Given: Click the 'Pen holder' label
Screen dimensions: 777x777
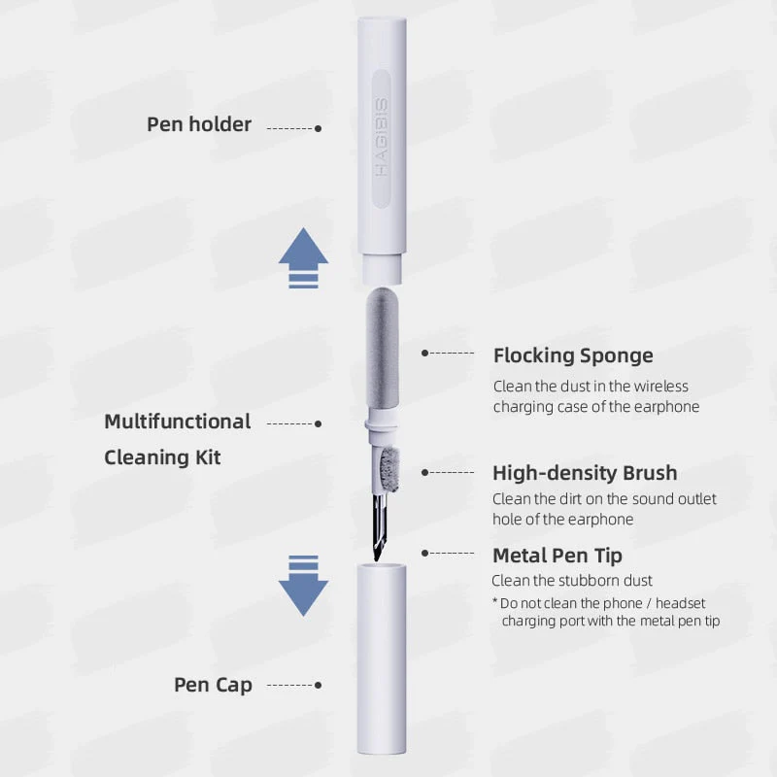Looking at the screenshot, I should tap(199, 124).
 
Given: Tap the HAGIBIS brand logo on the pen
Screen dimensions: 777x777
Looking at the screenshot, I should tap(381, 136).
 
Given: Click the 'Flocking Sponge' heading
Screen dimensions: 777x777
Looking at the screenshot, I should tap(573, 355).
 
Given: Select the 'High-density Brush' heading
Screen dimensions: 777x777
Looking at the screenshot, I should tap(585, 473).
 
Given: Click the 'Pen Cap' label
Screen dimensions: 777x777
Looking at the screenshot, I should tap(213, 685).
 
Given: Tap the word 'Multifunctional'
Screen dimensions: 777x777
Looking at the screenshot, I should tap(178, 422).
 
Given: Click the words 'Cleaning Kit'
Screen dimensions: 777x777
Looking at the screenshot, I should tap(162, 456).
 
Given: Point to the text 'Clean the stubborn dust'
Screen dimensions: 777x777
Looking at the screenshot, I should tap(571, 581).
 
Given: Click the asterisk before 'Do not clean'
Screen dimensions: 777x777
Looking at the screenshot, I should tap(495, 603).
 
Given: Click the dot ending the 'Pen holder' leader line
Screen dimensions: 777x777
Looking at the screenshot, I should tap(319, 128).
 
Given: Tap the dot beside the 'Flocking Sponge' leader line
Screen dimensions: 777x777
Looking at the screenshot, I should tap(424, 354).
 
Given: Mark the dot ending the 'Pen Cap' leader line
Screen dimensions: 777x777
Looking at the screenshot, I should tap(319, 686).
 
